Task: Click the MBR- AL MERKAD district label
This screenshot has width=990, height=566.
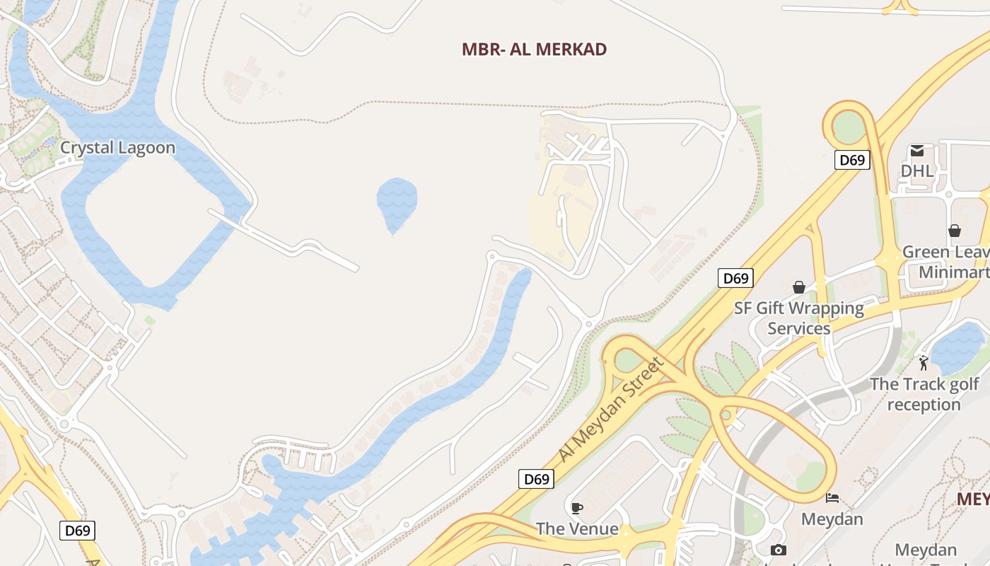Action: (534, 50)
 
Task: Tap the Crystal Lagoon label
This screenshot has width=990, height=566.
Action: (117, 148)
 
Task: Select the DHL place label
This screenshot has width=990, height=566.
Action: (917, 171)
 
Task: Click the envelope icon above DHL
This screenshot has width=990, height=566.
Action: (917, 150)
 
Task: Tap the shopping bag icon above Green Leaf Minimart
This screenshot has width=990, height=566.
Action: (955, 231)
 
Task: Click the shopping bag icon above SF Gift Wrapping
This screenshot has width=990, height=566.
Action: (799, 287)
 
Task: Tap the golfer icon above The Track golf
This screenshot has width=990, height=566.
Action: (924, 363)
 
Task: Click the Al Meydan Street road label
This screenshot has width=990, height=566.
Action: (612, 410)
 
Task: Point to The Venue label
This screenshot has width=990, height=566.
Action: (577, 529)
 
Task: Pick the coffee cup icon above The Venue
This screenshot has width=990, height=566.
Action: (577, 507)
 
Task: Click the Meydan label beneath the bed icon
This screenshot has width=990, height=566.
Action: (832, 519)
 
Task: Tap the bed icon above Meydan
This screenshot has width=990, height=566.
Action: (832, 498)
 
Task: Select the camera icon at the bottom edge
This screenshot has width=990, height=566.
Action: (779, 550)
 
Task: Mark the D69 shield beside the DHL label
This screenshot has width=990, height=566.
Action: (852, 160)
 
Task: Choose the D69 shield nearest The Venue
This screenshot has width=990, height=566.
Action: (536, 479)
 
